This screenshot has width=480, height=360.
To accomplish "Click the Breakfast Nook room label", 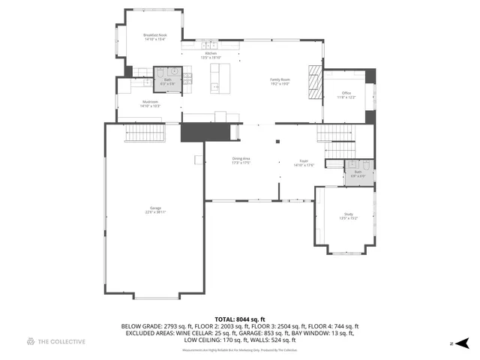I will (x=155, y=37).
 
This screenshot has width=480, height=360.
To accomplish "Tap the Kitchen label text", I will (x=211, y=55).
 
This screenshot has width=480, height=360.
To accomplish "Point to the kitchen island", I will (x=219, y=77).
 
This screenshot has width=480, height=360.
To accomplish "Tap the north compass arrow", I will (x=463, y=343).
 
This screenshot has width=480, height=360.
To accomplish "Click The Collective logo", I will (x=56, y=342).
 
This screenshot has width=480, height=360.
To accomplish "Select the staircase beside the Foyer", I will (x=334, y=135).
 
